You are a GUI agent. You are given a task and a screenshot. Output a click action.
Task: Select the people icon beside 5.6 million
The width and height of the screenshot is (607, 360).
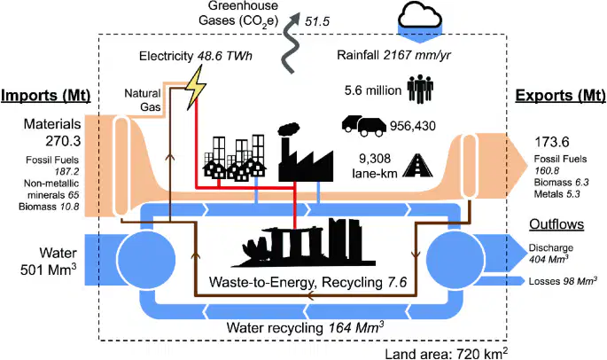tap(420, 89)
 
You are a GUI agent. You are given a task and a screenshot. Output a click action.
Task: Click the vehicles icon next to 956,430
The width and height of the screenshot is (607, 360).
tap(364, 126)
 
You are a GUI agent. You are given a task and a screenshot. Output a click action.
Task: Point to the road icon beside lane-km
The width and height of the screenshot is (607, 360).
tap(417, 166)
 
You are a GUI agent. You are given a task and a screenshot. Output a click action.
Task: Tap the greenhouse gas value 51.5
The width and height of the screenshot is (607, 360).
tap(317, 21)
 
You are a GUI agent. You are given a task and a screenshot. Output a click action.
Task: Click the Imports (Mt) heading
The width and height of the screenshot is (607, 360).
tap(46, 96)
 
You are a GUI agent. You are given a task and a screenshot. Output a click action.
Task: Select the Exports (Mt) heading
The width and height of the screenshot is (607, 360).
tap(560, 96)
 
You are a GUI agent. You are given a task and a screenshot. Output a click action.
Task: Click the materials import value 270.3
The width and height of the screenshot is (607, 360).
tap(63, 141)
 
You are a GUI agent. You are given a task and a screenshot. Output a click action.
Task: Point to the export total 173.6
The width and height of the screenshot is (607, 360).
tap(552, 142)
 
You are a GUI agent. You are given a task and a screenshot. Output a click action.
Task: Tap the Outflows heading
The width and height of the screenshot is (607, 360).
tap(556, 224)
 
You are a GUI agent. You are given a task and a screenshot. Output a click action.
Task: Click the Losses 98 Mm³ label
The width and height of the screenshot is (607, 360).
tap(563, 281)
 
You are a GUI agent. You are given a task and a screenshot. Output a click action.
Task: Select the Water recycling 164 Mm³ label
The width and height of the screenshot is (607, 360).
tap(305, 327)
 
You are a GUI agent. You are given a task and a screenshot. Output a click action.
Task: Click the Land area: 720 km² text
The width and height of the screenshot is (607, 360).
tap(447, 354)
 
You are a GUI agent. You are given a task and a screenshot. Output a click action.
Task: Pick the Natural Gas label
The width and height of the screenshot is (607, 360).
tap(143, 99)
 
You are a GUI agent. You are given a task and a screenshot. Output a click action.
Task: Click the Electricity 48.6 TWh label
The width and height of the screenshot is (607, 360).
tap(196, 56)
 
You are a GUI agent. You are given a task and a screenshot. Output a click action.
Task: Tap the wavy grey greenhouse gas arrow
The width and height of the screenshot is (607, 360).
tap(292, 42)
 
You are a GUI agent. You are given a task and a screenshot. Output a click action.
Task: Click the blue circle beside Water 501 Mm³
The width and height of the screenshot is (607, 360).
tap(146, 258)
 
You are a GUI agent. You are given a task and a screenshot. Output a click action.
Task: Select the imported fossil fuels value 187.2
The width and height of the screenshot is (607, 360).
tap(66, 171)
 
